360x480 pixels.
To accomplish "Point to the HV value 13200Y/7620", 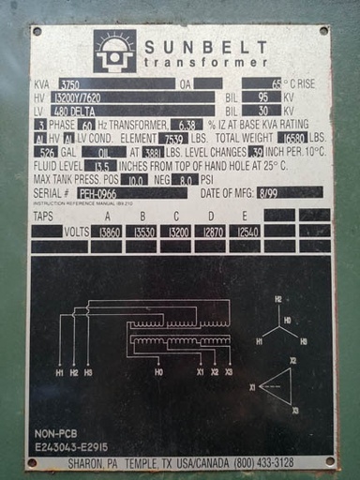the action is coord(85,97).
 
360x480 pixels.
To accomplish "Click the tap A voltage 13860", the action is coord(109,231).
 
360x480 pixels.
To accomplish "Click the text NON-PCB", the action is coord(55,433).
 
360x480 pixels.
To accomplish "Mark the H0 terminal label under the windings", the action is coord(158,372).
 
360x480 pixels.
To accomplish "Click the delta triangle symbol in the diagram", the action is coord(277,386).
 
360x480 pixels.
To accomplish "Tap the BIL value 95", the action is coord(264,97).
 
